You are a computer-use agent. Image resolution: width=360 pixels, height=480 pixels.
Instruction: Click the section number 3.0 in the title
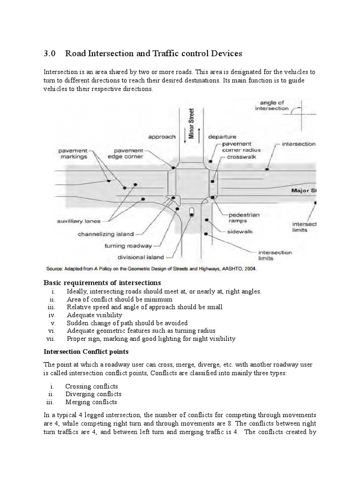point(49,53)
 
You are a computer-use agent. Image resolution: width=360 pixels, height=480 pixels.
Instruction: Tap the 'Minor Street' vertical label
point(191,123)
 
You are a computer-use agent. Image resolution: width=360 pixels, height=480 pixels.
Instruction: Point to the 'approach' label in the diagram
point(162,137)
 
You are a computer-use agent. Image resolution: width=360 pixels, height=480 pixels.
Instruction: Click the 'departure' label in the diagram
point(222,137)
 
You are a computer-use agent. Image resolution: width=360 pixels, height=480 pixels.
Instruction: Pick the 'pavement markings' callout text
point(73,154)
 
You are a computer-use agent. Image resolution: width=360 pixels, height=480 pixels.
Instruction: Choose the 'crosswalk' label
point(240,157)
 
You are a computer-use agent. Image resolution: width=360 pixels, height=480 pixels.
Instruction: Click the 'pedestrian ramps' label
point(244,217)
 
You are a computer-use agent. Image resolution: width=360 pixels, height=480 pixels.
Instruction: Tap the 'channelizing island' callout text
point(106,234)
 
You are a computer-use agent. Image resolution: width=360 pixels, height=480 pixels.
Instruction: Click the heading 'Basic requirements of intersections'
point(102,283)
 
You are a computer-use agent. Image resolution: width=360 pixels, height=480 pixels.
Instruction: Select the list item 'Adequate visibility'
point(94,315)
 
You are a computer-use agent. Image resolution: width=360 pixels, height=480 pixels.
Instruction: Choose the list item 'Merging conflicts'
point(91,402)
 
